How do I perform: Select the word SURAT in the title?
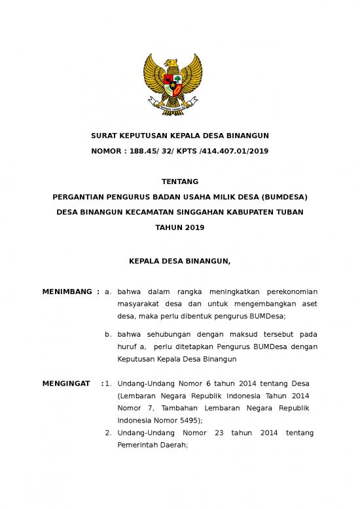pos(103,136)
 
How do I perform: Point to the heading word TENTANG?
pos(180,181)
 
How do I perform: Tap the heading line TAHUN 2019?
pos(180,227)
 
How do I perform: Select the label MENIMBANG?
pos(67,292)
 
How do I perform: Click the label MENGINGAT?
pos(66,383)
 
